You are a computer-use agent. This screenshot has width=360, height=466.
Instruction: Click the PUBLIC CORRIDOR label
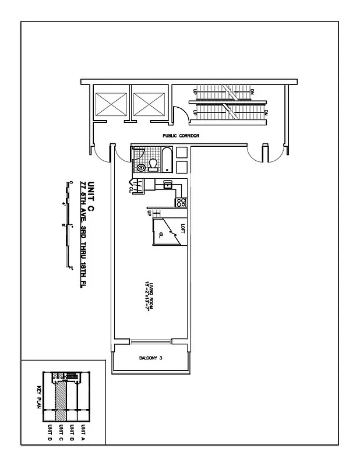point(181,136)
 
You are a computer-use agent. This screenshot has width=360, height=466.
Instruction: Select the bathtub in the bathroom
point(167,160)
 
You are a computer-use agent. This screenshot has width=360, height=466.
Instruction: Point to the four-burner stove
point(181,203)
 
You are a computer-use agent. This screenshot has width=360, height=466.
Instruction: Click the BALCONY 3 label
point(150,358)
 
